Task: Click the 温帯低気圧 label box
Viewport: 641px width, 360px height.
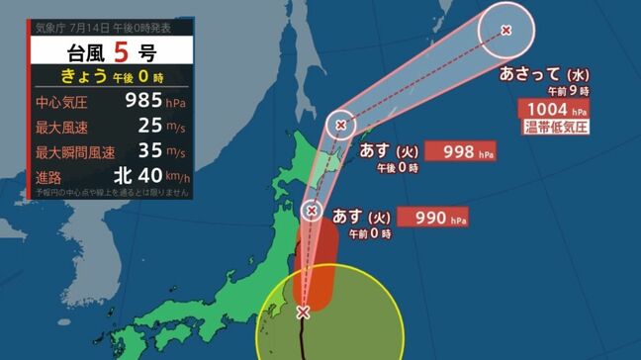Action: click(x=555, y=128)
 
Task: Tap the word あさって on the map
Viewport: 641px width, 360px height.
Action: click(x=531, y=74)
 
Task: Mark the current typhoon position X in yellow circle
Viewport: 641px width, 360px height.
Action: click(x=303, y=313)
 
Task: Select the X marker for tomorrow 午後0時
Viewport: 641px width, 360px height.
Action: click(x=341, y=126)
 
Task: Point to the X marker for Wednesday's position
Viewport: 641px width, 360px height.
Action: click(x=506, y=31)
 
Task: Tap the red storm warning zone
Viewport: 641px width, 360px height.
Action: click(x=315, y=262)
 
